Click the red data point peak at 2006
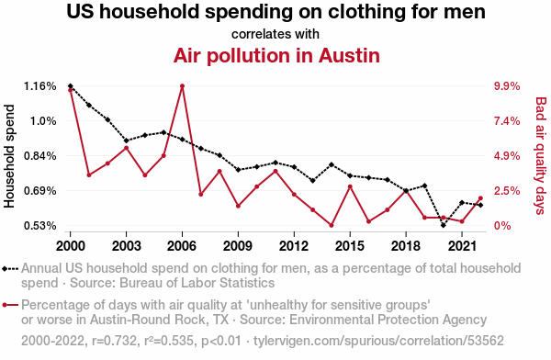pyautogui.click(x=182, y=86)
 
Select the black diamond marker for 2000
pyautogui.click(x=71, y=86)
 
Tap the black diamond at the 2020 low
pyautogui.click(x=444, y=225)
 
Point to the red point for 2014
pyautogui.click(x=332, y=225)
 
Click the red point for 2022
pyautogui.click(x=480, y=198)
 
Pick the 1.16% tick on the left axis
pyautogui.click(x=39, y=86)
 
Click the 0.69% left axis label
pyautogui.click(x=39, y=191)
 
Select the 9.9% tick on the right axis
pyautogui.click(x=507, y=86)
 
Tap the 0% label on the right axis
pyautogui.click(x=502, y=226)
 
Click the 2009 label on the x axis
pyautogui.click(x=238, y=246)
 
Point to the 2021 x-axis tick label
pyautogui.click(x=462, y=246)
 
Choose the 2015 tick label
pyautogui.click(x=350, y=246)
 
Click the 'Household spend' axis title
pyautogui.click(x=9, y=156)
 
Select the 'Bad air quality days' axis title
pyautogui.click(x=541, y=156)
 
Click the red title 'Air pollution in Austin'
pyautogui.click(x=276, y=55)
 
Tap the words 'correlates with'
pyautogui.click(x=275, y=34)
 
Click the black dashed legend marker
pyautogui.click(x=10, y=269)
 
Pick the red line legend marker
pyautogui.click(x=10, y=305)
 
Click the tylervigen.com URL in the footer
pyautogui.click(x=378, y=341)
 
